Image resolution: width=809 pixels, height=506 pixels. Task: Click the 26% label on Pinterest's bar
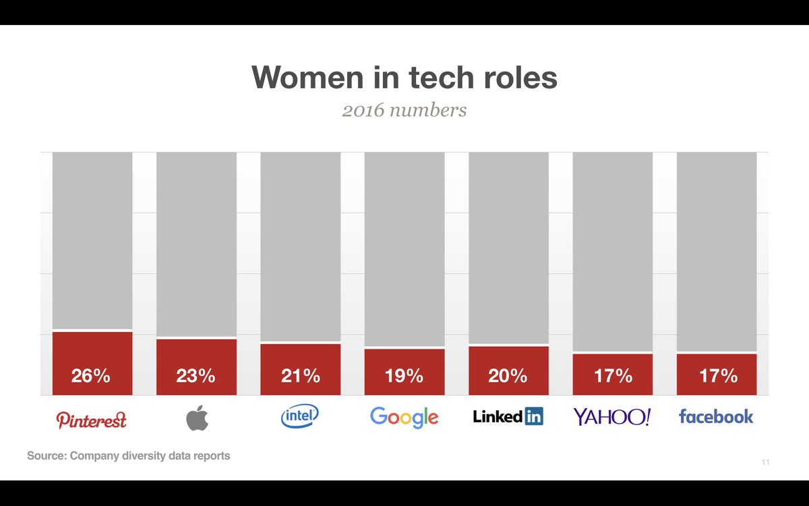coord(91,376)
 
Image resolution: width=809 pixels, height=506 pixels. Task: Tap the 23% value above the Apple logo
coord(196,376)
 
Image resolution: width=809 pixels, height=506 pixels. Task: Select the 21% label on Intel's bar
coord(300,376)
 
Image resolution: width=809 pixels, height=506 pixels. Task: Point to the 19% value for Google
coord(404,376)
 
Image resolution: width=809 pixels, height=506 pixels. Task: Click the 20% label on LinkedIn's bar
coord(508,376)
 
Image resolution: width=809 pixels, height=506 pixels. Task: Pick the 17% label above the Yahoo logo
coord(613,376)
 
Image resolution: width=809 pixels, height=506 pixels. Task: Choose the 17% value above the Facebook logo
coord(717,376)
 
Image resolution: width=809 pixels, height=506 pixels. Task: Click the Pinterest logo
coord(91,420)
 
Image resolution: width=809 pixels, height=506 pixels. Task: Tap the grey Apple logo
coord(197,418)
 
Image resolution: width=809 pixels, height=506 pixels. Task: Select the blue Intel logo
coord(300,416)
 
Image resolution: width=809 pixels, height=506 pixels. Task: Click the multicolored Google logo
coord(404,418)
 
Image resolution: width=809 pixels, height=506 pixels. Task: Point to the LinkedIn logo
coord(508,417)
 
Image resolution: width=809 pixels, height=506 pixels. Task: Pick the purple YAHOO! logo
coord(612,417)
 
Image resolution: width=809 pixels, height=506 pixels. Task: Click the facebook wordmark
coord(716,417)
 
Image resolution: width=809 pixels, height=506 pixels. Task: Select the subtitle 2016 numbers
coord(404,110)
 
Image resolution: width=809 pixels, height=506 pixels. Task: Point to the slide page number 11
coord(765,462)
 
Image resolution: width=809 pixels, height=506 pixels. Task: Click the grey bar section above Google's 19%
coord(404,250)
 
